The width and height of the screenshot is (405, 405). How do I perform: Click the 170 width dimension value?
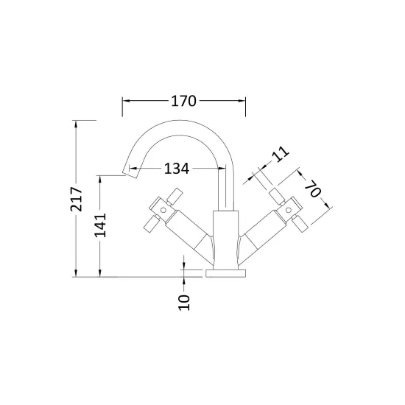tap(183, 101)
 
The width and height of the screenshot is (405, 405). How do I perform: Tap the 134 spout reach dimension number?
tap(177, 169)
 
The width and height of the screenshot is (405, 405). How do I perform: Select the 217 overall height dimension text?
tap(76, 199)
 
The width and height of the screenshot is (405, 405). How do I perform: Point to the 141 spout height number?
tap(100, 225)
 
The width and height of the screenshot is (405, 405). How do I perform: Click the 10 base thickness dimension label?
tap(184, 302)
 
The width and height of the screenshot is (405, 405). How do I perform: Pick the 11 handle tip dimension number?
tap(281, 154)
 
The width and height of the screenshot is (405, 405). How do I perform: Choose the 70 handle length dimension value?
tap(313, 189)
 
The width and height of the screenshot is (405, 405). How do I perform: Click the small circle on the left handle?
tap(163, 211)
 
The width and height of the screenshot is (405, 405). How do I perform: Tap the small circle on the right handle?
tap(288, 211)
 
